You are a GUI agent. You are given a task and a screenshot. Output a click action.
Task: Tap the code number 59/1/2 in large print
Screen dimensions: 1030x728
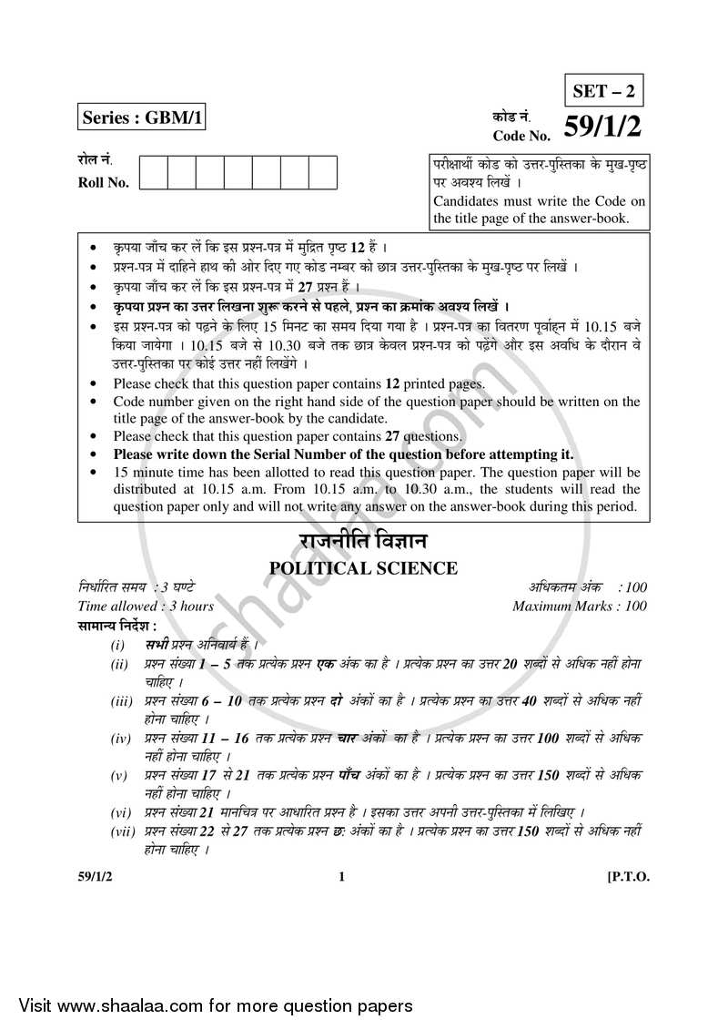[605, 128]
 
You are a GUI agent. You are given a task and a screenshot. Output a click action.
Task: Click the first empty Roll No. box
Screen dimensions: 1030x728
[154, 172]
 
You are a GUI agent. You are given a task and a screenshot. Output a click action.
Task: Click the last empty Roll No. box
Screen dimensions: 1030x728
[323, 172]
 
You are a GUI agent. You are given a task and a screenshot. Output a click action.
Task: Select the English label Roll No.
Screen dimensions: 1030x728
[104, 181]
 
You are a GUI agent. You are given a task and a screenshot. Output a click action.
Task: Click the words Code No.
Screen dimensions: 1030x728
[521, 135]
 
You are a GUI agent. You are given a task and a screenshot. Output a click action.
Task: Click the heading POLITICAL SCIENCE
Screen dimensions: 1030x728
[363, 568]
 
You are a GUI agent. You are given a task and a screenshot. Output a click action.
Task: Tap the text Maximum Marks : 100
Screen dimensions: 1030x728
[580, 607]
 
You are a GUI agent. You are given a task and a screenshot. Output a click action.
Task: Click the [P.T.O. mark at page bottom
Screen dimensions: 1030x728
[628, 877]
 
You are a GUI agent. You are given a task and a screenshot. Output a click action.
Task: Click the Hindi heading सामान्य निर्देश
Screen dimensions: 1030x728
[117, 626]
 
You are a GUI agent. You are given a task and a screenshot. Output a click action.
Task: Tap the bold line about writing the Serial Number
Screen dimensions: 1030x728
[343, 454]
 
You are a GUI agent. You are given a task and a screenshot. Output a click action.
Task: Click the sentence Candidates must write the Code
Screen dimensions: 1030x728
[539, 201]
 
